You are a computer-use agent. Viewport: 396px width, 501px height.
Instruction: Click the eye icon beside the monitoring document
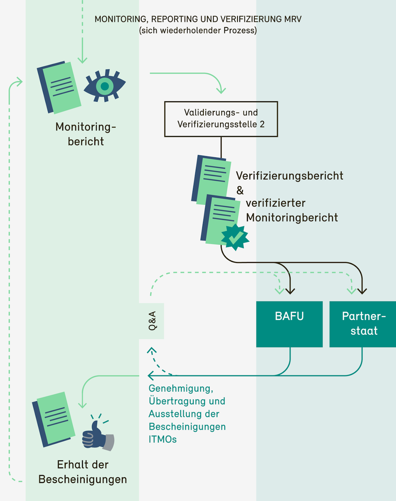coord(105,86)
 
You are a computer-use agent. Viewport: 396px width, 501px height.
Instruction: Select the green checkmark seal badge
coord(235,237)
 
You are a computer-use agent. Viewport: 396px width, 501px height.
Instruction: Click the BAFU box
coord(289,324)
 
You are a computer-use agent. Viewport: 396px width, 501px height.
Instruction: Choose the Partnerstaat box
coord(363,324)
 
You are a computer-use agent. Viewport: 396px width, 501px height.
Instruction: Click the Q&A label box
coord(152,321)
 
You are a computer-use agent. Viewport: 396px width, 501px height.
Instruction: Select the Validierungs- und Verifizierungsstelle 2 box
coord(221,119)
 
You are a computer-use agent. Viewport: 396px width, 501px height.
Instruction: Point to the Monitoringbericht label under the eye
coord(85,134)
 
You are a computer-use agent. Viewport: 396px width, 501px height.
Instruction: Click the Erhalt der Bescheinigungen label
coord(82,472)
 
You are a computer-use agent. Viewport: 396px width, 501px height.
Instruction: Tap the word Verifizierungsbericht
coord(289,176)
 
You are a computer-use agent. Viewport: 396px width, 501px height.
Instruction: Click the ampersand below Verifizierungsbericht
coord(240,191)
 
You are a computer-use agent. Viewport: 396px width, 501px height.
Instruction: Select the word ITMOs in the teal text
coord(162,440)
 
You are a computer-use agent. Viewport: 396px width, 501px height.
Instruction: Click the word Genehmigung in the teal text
coord(181,389)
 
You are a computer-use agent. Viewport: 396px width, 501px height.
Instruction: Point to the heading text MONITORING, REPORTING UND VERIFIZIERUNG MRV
coord(198,19)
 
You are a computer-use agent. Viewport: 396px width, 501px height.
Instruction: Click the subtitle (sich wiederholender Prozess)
coord(198,31)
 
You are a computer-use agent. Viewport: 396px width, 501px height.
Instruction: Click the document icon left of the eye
coord(59,87)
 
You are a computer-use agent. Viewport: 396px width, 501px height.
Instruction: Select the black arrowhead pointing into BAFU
coord(290,290)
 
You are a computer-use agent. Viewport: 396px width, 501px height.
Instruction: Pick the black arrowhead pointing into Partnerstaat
coord(362,290)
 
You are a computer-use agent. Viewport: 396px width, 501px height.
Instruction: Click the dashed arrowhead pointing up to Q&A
coord(152,350)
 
